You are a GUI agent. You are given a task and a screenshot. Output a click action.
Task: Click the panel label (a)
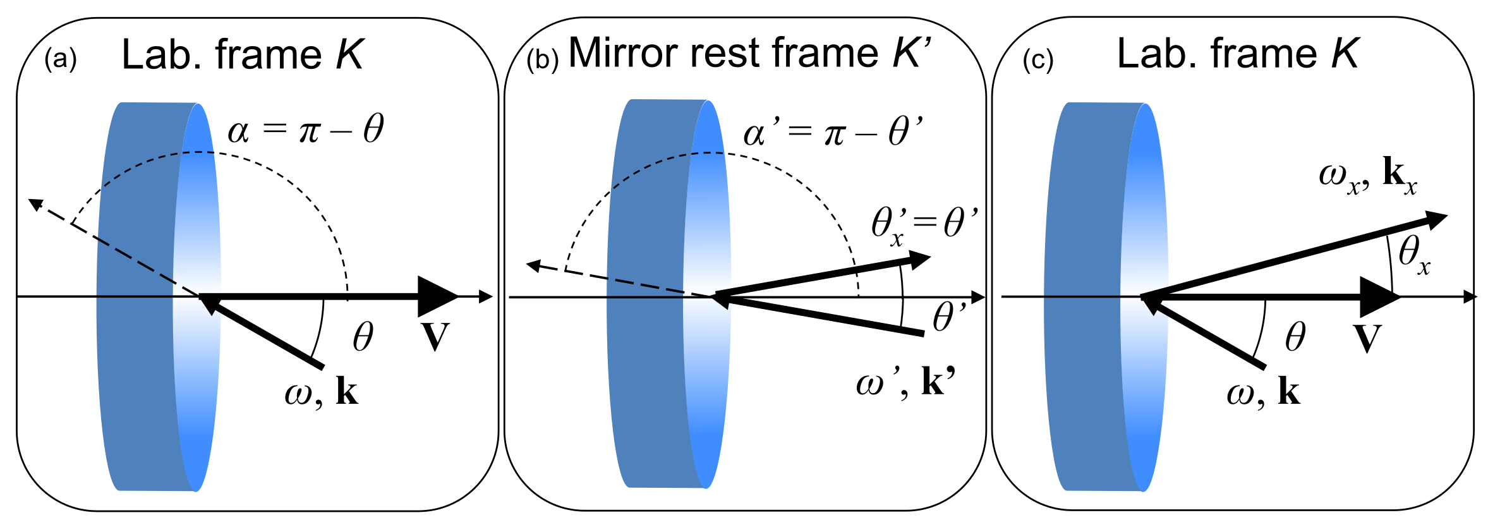[x=61, y=59]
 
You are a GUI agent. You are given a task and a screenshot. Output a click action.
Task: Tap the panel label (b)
[x=542, y=59]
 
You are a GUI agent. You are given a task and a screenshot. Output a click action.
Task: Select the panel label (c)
[x=1037, y=60]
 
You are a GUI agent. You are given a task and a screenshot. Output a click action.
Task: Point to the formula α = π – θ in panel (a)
[x=305, y=130]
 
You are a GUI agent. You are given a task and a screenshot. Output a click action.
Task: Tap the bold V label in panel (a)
[x=435, y=337]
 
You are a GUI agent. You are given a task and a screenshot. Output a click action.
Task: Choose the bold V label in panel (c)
[x=1367, y=338]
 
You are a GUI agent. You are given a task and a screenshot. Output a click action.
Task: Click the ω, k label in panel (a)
[x=321, y=392]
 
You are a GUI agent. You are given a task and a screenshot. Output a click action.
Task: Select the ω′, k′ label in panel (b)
[x=905, y=382]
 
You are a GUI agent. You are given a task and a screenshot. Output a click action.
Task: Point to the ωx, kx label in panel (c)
[x=1367, y=175]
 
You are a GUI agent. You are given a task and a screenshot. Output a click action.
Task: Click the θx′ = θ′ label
[x=924, y=224]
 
